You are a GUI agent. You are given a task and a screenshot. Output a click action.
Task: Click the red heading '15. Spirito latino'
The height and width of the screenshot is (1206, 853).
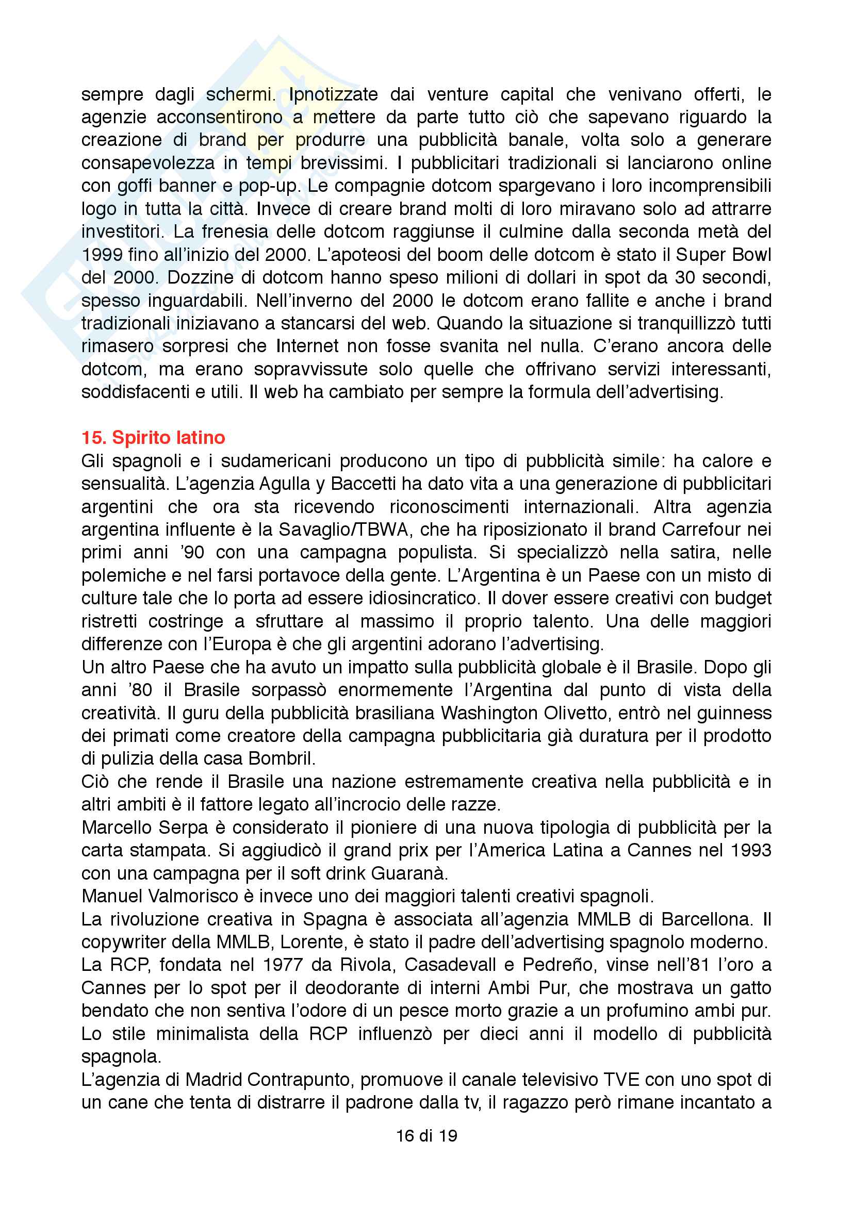point(153,438)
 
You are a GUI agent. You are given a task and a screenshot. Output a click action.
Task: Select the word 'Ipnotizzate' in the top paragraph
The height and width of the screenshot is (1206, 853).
point(334,94)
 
